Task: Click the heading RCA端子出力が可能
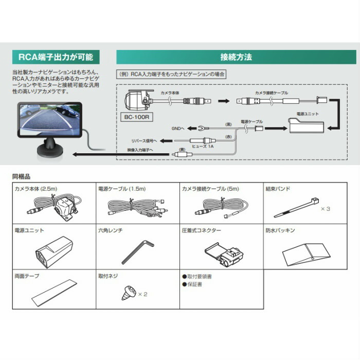[x=53, y=57]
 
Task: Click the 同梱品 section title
[x=21, y=176]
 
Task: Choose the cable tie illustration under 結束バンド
[x=296, y=208]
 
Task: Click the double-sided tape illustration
[x=53, y=292]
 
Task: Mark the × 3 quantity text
[x=325, y=209]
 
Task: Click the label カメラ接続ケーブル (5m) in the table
[x=209, y=189]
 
